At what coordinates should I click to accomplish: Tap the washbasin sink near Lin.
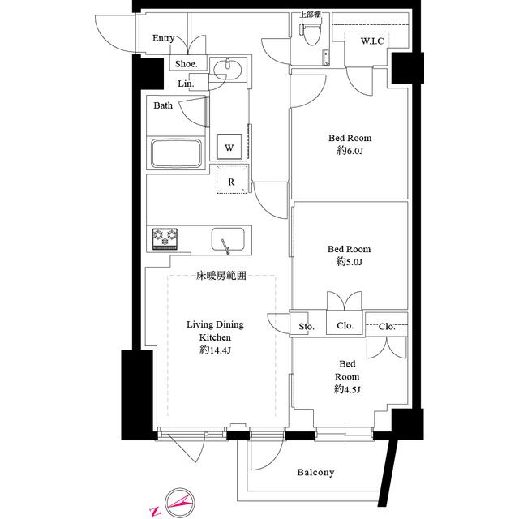pyautogui.click(x=227, y=69)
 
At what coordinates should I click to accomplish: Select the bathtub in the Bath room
pyautogui.click(x=177, y=153)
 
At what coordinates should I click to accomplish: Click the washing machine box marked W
pyautogui.click(x=229, y=147)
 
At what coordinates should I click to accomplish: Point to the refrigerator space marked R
pyautogui.click(x=232, y=179)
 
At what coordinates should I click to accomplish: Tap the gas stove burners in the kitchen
pyautogui.click(x=165, y=238)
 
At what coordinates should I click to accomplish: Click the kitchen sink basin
pyautogui.click(x=228, y=239)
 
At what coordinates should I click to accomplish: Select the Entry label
pyautogui.click(x=163, y=38)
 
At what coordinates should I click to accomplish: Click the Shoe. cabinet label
pyautogui.click(x=186, y=64)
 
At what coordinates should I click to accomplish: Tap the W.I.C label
pyautogui.click(x=372, y=41)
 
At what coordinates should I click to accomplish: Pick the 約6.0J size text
pyautogui.click(x=350, y=151)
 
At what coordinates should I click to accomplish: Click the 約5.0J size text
pyautogui.click(x=350, y=262)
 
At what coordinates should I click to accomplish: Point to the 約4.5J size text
pyautogui.click(x=347, y=389)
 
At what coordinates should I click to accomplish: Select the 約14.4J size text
pyautogui.click(x=215, y=350)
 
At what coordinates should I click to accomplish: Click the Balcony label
pyautogui.click(x=315, y=472)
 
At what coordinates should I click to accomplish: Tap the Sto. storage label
pyautogui.click(x=307, y=327)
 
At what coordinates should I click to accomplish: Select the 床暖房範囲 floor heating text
pyautogui.click(x=221, y=276)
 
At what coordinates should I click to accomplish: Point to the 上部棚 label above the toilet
pyautogui.click(x=310, y=15)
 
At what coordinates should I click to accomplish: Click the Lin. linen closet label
pyautogui.click(x=186, y=84)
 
